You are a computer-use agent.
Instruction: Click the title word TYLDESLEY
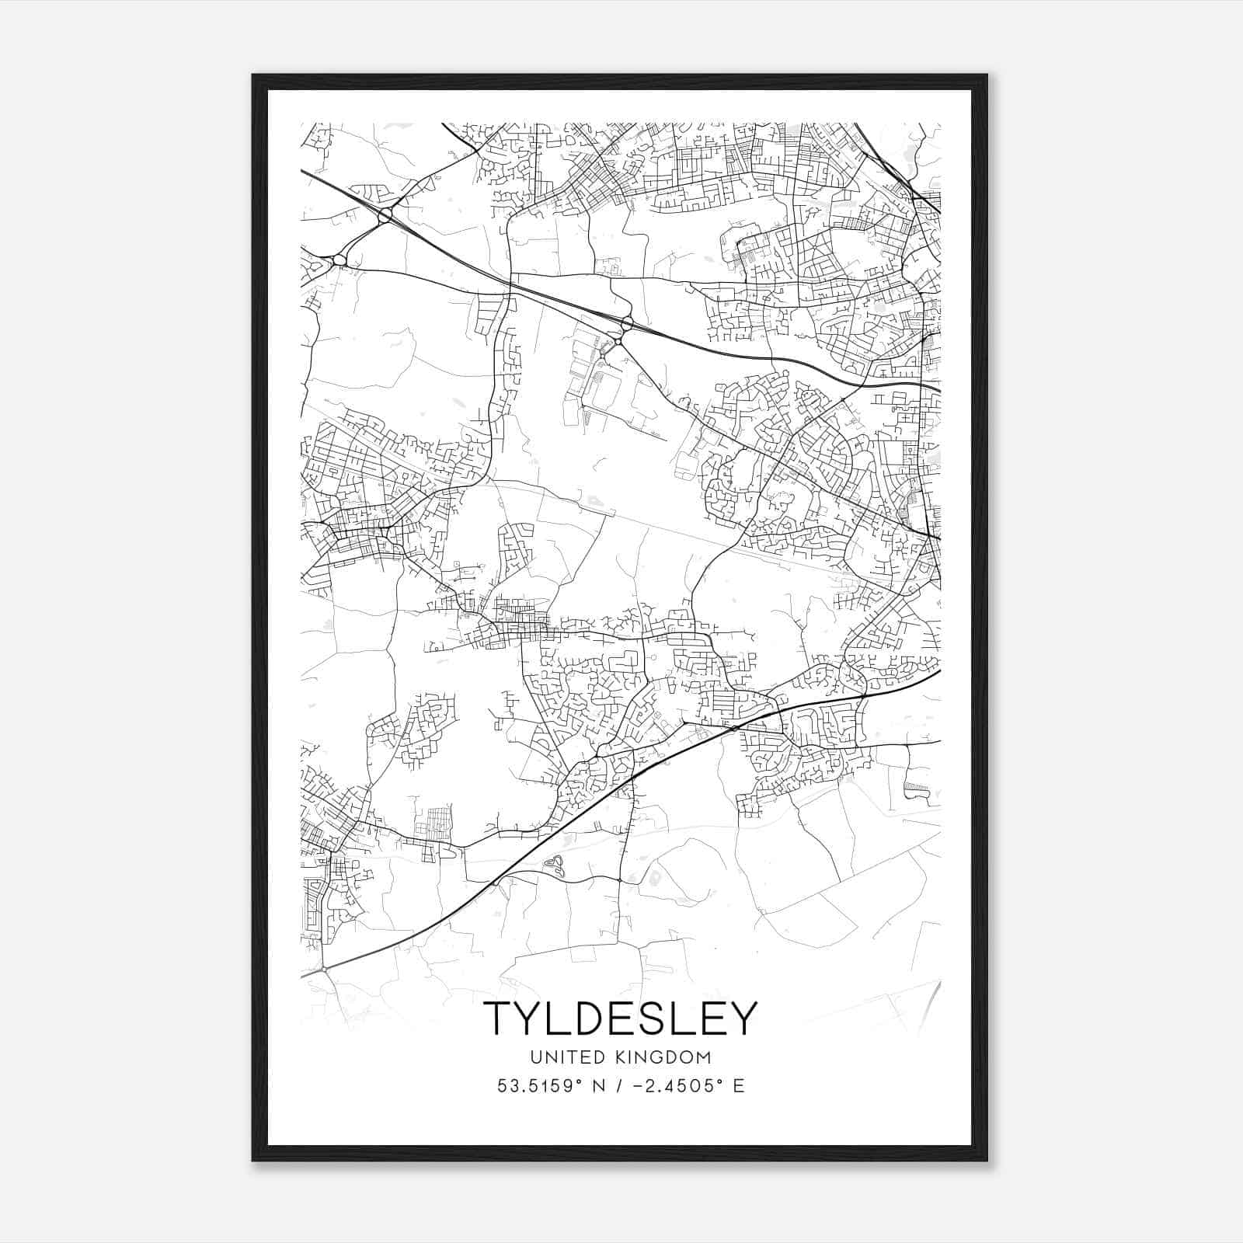[x=619, y=1018]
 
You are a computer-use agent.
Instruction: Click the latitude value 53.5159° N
[x=553, y=1085]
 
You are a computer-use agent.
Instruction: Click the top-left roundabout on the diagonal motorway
[x=385, y=214]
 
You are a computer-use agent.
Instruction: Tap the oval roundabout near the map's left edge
[x=339, y=260]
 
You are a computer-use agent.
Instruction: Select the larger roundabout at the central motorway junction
[x=627, y=322]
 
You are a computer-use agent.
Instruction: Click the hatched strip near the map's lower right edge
[x=917, y=788]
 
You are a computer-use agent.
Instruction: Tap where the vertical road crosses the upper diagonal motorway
[x=510, y=285]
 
